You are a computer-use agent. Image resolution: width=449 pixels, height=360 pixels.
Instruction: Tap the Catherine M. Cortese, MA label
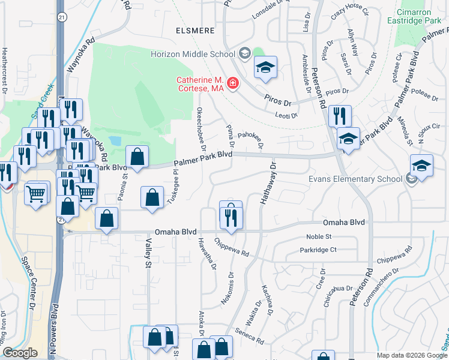pyautogui.click(x=200, y=84)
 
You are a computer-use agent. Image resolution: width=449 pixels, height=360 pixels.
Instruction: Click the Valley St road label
pyautogui.click(x=148, y=251)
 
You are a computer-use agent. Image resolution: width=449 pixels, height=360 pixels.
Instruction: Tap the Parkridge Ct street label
pyautogui.click(x=321, y=250)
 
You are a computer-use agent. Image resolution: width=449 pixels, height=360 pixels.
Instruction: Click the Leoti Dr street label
pyautogui.click(x=286, y=114)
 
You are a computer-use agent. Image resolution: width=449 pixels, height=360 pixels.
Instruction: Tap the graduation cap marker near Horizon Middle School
pyautogui.click(x=264, y=68)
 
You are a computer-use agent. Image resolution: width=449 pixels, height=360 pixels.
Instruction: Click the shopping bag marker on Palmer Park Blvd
pyautogui.click(x=137, y=157)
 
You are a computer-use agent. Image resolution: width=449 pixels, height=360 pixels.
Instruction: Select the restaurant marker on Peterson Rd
pyautogui.click(x=340, y=115)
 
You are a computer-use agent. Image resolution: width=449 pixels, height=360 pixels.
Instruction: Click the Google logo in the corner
pyautogui.click(x=20, y=353)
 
